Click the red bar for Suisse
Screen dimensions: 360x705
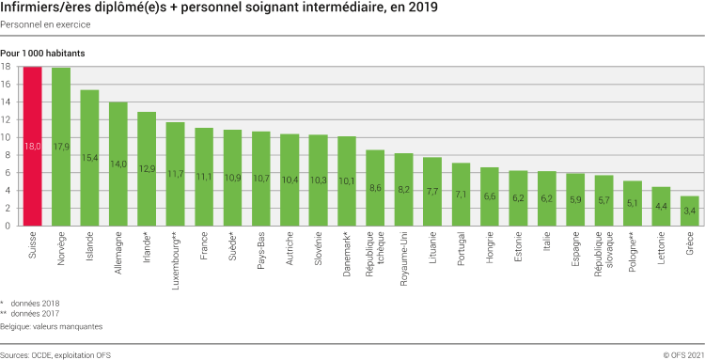[x=33, y=146]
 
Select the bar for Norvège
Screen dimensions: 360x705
[x=61, y=147]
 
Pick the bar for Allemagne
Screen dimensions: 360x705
[x=118, y=164]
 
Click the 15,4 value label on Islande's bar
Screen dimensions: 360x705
[x=90, y=158]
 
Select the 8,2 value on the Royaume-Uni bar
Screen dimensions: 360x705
[x=403, y=189]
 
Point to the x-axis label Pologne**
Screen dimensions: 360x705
[x=633, y=253]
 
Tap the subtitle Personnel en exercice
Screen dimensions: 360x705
[x=45, y=23]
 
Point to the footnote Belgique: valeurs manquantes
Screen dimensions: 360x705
[x=52, y=326]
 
